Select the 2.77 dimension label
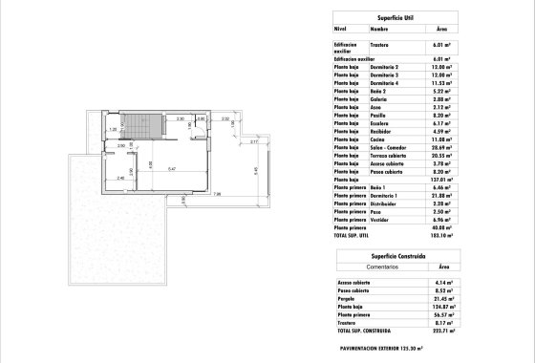tap(254, 141)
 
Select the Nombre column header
tap(380, 30)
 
